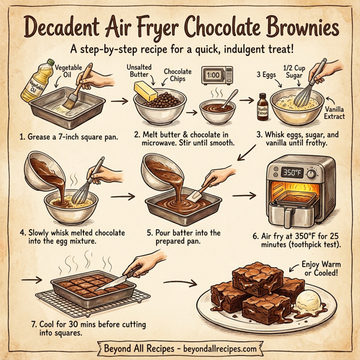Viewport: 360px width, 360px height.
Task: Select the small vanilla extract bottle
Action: pyautogui.click(x=261, y=106)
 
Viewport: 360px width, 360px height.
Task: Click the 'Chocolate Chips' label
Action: pyautogui.click(x=178, y=76)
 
